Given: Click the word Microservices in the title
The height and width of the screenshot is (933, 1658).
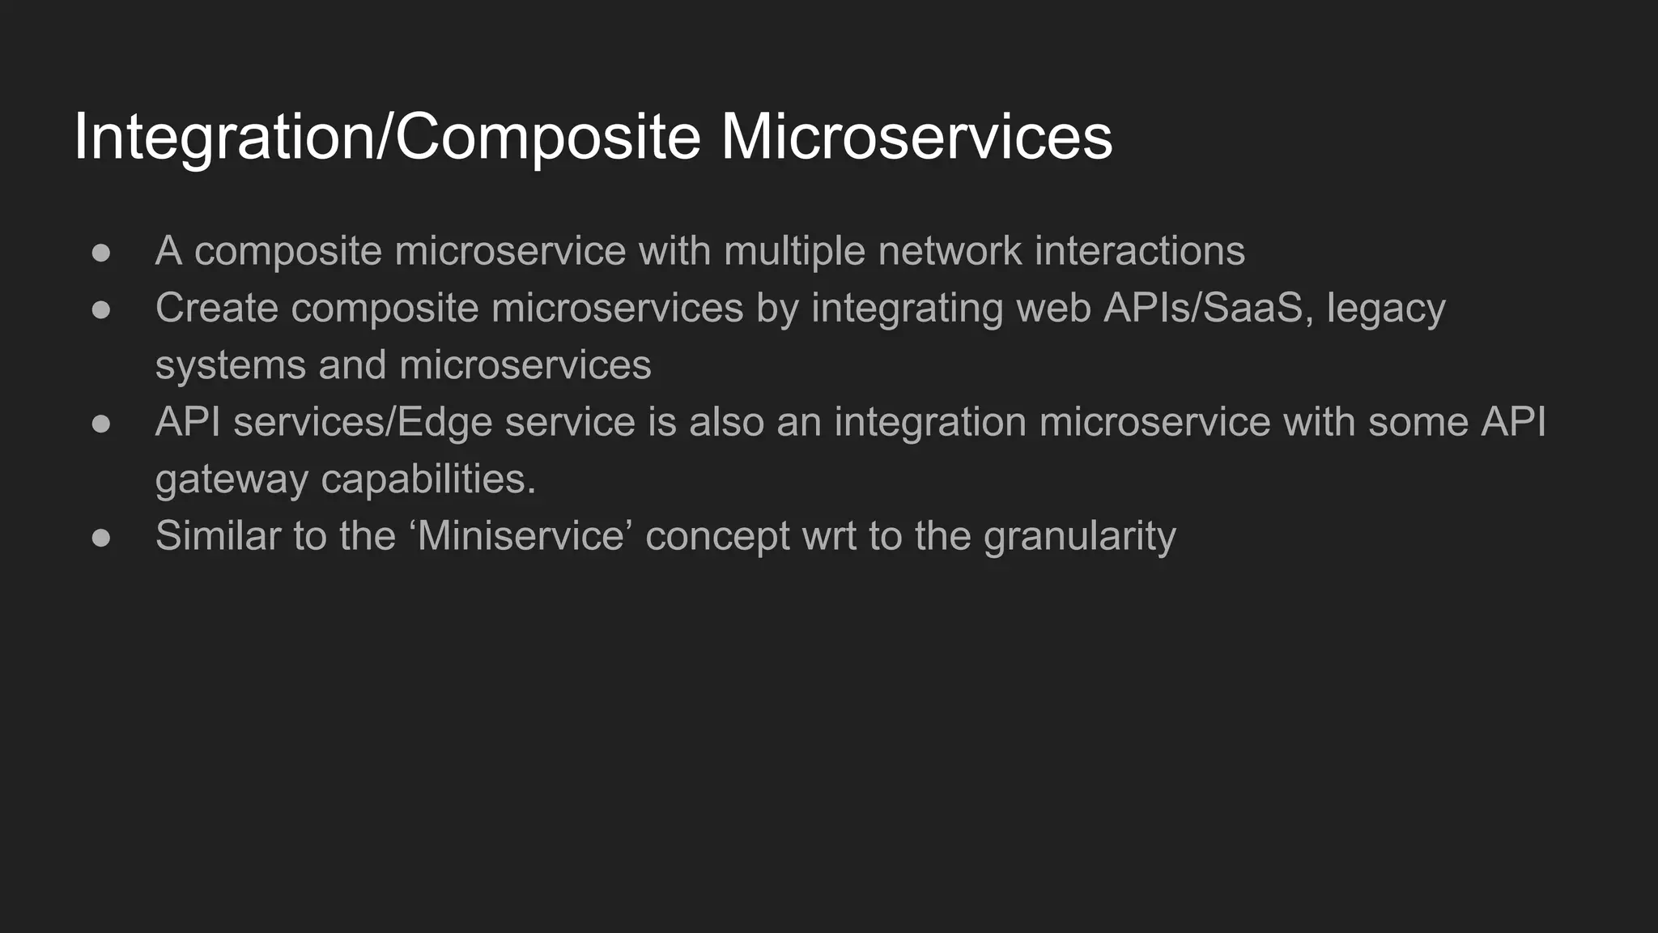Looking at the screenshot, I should (916, 136).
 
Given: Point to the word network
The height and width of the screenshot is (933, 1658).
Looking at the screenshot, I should (950, 251).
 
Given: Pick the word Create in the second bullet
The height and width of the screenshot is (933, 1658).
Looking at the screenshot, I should (216, 308).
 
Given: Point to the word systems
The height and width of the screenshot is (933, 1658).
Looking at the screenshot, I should (230, 365).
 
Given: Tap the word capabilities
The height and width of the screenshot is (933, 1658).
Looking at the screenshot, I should (428, 479).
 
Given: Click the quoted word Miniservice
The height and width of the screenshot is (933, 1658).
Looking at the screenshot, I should (521, 535).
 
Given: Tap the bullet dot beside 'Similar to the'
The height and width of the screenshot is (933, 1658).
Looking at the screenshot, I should (101, 538).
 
